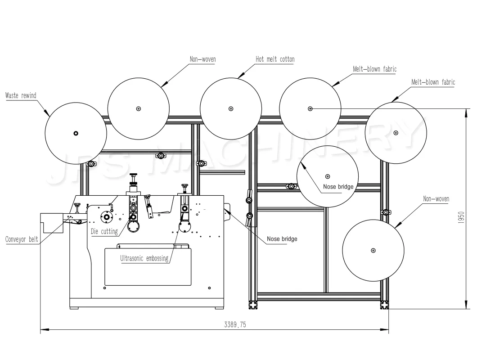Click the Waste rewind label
pos(21,95)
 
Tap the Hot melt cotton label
pos(275,59)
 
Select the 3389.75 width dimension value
pos(235,325)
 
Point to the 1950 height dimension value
pos(461,218)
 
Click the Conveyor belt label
pos(22,239)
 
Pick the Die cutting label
pos(104,232)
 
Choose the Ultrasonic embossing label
pos(144,258)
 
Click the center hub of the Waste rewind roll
pos(76,133)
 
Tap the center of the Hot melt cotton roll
pos(231,108)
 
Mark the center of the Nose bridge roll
pos(328,176)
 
